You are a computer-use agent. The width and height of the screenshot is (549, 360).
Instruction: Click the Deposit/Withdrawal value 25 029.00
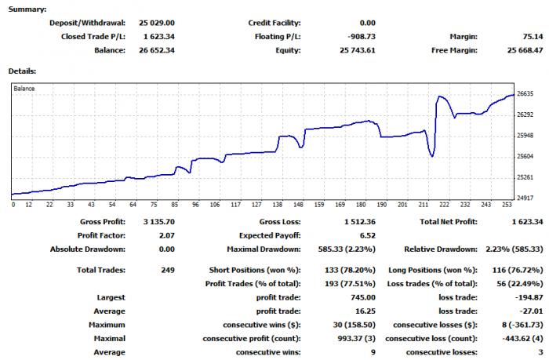157,23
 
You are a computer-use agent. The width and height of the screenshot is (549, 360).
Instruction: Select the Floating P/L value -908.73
362,36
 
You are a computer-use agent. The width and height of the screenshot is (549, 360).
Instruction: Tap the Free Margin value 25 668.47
525,50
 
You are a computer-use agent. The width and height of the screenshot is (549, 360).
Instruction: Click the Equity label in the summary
288,50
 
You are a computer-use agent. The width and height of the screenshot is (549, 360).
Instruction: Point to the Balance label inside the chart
24,89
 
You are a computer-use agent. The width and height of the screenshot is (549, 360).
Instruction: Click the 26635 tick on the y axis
525,94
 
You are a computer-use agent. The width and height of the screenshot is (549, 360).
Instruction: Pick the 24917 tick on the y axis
525,198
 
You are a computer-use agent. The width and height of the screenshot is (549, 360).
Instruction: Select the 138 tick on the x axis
278,205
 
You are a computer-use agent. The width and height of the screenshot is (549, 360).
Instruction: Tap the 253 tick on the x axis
507,205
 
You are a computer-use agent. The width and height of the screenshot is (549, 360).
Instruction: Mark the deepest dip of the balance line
432,156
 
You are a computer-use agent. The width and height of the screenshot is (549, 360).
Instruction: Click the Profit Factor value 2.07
166,235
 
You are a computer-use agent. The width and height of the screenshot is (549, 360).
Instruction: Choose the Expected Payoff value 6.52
368,235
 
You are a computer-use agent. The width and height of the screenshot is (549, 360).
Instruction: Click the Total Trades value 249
168,270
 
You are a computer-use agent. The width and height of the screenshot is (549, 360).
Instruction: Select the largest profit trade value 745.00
363,297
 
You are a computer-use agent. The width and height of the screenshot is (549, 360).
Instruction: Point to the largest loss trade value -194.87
529,297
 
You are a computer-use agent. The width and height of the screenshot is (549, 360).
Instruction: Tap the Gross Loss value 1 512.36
360,222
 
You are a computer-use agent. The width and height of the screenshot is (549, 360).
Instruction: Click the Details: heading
22,71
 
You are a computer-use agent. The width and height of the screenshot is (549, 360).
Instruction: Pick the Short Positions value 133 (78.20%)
350,270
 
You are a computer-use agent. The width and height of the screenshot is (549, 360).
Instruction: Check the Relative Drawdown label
441,249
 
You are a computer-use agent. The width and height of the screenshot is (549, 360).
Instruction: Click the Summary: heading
27,9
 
